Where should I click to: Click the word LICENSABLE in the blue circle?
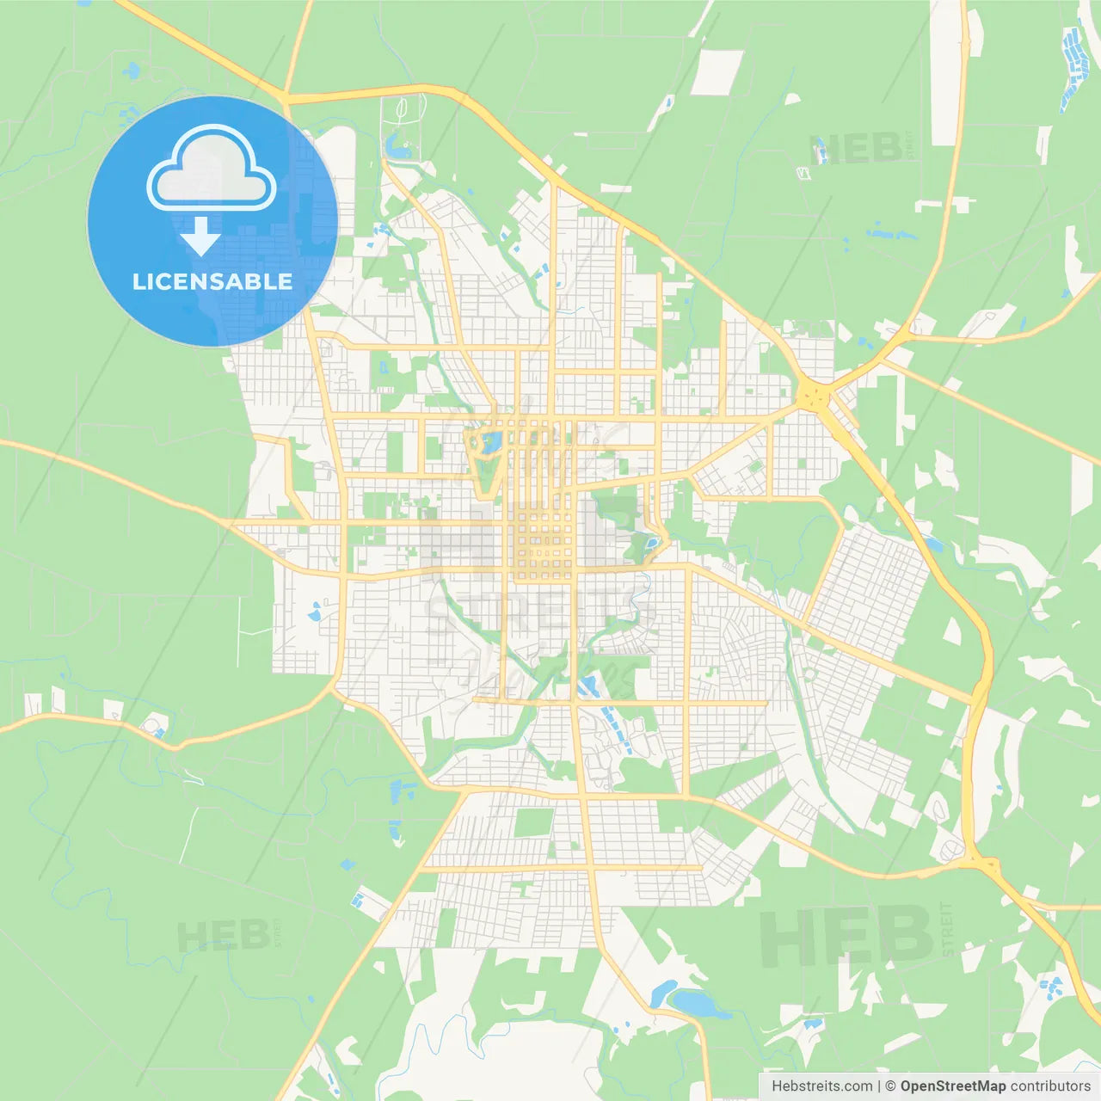click(x=212, y=281)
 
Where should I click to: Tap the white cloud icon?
click(x=212, y=169)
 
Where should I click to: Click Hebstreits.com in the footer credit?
click(x=822, y=1086)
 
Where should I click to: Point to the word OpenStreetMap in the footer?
click(x=953, y=1086)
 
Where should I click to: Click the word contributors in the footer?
click(x=1050, y=1086)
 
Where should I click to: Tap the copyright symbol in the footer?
click(x=891, y=1086)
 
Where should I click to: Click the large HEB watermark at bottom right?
click(x=846, y=936)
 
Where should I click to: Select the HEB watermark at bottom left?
click(x=223, y=936)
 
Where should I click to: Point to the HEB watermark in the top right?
click(x=855, y=149)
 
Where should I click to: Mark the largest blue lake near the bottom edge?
click(x=698, y=1004)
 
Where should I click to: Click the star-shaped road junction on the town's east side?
click(x=814, y=397)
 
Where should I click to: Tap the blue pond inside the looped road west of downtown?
click(x=491, y=444)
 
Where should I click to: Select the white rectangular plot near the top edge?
click(x=717, y=72)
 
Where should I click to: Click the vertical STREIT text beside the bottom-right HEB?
click(x=947, y=929)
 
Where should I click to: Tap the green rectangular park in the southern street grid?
click(x=534, y=821)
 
